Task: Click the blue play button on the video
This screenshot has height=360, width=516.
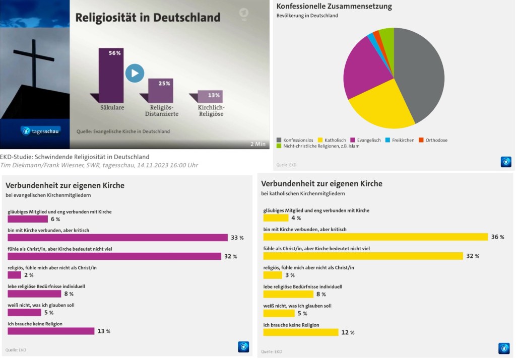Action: pyautogui.click(x=135, y=73)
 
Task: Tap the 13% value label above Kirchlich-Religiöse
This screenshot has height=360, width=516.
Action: pyautogui.click(x=213, y=95)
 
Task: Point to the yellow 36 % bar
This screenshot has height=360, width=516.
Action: pyautogui.click(x=376, y=237)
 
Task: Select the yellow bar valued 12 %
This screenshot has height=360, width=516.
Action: pyautogui.click(x=301, y=332)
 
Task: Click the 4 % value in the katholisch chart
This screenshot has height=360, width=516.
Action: pyautogui.click(x=296, y=218)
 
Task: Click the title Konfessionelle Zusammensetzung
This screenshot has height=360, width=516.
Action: pyautogui.click(x=334, y=7)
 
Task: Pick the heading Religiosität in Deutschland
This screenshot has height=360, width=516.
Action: pyautogui.click(x=148, y=17)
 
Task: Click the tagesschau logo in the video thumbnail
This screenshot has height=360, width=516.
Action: pyautogui.click(x=40, y=130)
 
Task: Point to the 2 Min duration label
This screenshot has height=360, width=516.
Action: pyautogui.click(x=259, y=143)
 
